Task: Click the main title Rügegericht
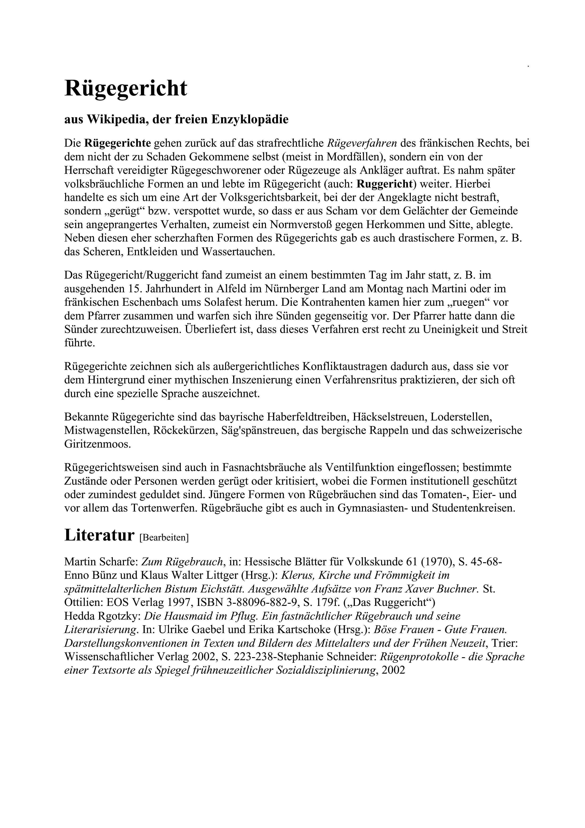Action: (126, 88)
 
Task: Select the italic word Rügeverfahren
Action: (362, 143)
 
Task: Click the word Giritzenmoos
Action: (97, 444)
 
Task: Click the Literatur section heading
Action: (99, 535)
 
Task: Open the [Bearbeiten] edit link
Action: (164, 538)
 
